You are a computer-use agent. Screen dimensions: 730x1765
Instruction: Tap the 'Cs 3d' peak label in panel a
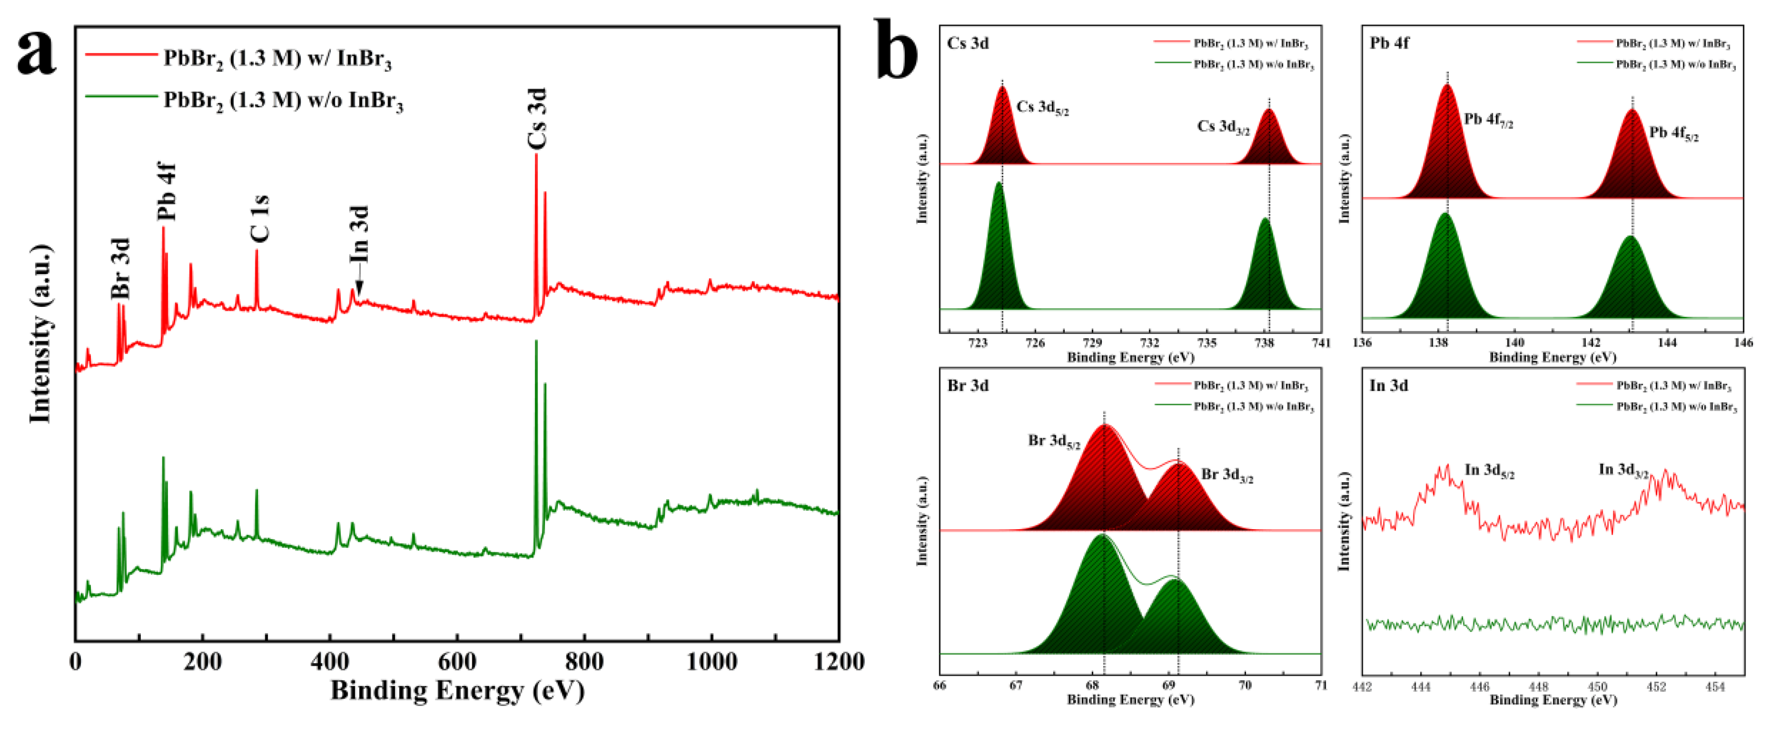pyautogui.click(x=537, y=118)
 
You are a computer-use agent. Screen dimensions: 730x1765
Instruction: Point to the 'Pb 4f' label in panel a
pyautogui.click(x=167, y=191)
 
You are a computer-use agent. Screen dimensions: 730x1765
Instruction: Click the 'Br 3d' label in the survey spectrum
pyautogui.click(x=121, y=269)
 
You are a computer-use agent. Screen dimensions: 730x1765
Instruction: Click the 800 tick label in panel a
pyautogui.click(x=584, y=661)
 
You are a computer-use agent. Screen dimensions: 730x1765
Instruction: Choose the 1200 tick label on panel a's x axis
pyautogui.click(x=837, y=661)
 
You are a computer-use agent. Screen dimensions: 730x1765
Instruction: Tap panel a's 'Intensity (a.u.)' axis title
pyautogui.click(x=40, y=334)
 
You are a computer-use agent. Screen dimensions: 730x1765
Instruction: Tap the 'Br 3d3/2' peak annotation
pyautogui.click(x=1227, y=475)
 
